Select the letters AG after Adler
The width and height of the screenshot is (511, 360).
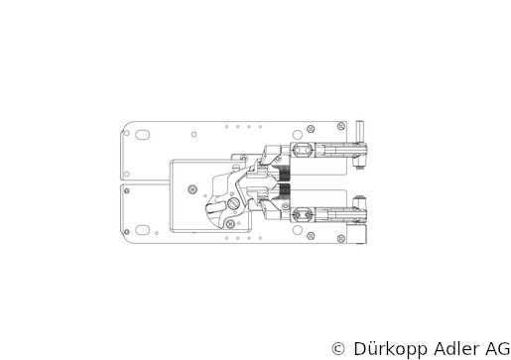[498, 349]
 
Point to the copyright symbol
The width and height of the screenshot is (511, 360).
[338, 348]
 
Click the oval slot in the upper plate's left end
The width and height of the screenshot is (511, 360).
[143, 135]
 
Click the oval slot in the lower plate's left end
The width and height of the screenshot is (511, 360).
[143, 230]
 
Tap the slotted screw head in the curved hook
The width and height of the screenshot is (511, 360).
[233, 203]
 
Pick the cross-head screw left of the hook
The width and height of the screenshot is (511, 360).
[192, 189]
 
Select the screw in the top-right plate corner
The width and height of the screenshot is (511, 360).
[341, 126]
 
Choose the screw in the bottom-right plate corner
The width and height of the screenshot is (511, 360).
[341, 238]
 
